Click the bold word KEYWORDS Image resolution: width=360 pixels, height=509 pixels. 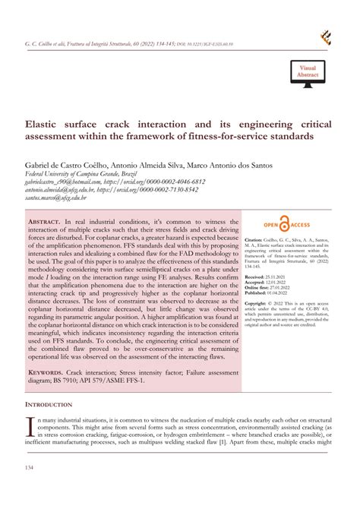[x=52, y=374]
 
